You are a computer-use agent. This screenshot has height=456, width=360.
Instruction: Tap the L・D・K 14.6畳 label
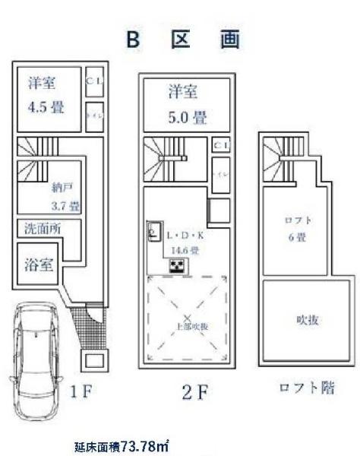point(183,242)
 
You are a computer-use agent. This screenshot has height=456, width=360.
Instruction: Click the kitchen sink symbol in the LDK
point(153,234)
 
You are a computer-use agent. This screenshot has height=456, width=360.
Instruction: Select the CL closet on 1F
point(93,81)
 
